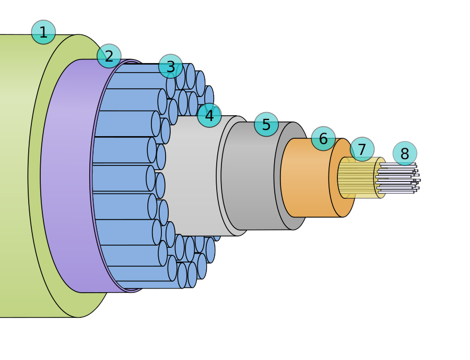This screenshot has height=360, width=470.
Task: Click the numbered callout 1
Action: point(43,32)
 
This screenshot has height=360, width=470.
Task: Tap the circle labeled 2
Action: point(109,56)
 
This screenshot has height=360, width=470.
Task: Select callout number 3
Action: point(171,67)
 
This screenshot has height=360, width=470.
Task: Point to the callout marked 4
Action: point(209,115)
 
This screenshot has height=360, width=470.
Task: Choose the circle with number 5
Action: point(266,125)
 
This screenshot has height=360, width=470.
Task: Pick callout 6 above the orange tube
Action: point(323,139)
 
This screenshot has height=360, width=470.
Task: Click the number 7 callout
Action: point(362,149)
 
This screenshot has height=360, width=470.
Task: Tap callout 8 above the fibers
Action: point(405,153)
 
